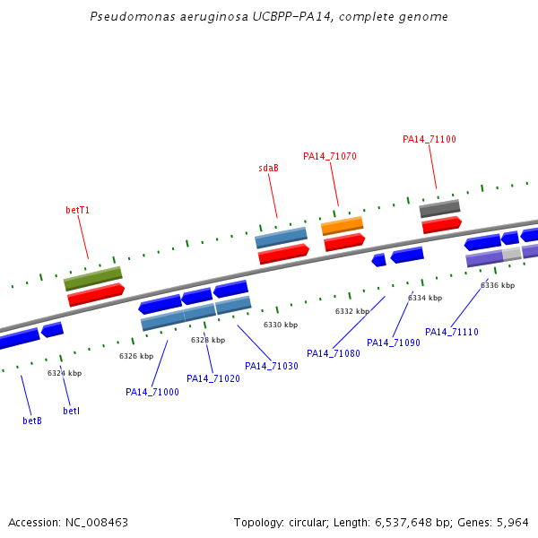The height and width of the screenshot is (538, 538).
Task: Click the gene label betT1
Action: (78, 210)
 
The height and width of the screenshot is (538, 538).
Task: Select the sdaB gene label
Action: (268, 168)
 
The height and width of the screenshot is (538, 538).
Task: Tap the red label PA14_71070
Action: (330, 156)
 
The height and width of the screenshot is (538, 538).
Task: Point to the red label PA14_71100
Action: (430, 139)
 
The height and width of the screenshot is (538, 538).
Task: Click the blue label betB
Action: (32, 421)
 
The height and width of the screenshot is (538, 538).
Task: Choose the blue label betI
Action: (72, 411)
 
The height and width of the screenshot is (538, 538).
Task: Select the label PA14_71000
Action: (152, 392)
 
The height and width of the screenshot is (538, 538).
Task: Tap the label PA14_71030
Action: (272, 366)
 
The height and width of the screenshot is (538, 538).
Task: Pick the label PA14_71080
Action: (334, 353)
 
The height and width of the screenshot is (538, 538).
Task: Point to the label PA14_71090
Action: (394, 343)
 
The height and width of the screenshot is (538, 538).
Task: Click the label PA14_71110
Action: (452, 332)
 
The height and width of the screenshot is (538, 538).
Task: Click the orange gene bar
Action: (343, 225)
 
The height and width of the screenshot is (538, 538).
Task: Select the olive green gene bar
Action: (93, 278)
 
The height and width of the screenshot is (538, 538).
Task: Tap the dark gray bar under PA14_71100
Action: (439, 208)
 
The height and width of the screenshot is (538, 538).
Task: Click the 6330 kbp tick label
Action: (280, 325)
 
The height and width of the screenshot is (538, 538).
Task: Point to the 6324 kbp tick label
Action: (65, 373)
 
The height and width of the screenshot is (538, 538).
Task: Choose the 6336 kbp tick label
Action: (498, 285)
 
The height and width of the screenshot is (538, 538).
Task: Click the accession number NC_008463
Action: (100, 522)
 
